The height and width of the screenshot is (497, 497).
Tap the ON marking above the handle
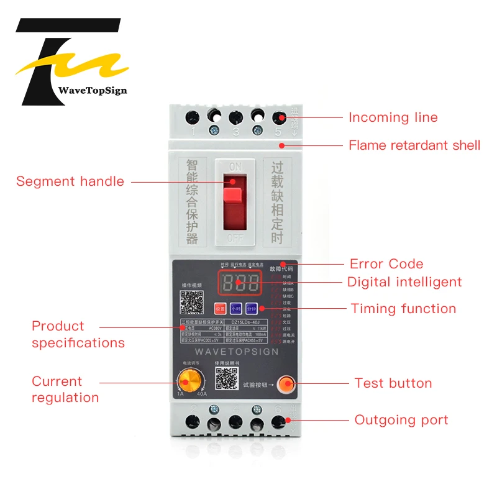coord(235,166)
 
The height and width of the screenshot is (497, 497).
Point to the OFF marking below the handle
coord(235,239)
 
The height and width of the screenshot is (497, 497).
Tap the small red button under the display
coord(220,308)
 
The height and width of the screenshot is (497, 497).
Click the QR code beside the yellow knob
coord(227,378)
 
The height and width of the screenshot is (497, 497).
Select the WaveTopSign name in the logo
coord(92,90)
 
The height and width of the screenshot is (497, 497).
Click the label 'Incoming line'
coord(393,117)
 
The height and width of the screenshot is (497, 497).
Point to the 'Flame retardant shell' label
coord(414,145)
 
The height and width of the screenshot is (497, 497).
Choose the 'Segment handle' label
coord(70,181)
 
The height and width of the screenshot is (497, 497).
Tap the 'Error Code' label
coord(386,264)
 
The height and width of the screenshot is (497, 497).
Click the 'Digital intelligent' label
coord(404,282)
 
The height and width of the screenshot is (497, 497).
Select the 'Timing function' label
coord(403,309)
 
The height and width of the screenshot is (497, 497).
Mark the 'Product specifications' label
coord(78,334)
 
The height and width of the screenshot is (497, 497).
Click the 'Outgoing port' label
coord(401,420)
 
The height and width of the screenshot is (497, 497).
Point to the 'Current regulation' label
coord(65,390)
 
